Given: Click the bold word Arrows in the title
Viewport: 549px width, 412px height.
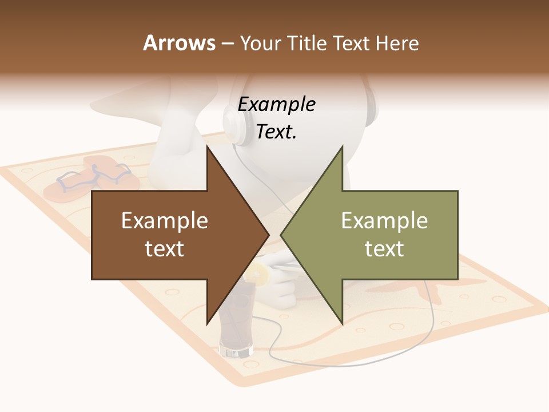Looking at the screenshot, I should (x=179, y=43).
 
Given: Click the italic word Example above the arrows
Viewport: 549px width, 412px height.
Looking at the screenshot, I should (x=276, y=105).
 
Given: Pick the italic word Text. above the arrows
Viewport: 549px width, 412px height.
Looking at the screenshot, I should (x=276, y=132).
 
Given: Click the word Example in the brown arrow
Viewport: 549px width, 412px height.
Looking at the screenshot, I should (x=165, y=221).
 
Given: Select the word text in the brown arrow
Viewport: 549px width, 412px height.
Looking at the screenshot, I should (x=165, y=249).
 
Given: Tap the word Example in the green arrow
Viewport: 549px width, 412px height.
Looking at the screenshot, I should (x=384, y=221).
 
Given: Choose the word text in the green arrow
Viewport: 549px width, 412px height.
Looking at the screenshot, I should (x=384, y=249).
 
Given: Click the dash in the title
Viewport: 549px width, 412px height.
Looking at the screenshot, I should (x=226, y=43).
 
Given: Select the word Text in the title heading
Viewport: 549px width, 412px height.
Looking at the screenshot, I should (x=351, y=43).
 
